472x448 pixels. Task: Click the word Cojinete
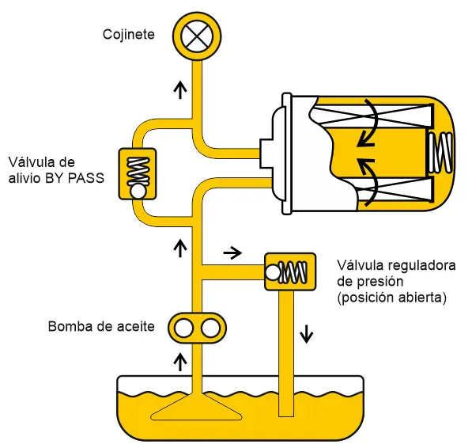click(x=129, y=34)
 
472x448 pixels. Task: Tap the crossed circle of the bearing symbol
click(x=197, y=36)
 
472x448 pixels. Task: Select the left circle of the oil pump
click(x=183, y=328)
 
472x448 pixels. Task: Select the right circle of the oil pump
click(x=210, y=328)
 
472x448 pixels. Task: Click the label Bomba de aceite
click(x=101, y=326)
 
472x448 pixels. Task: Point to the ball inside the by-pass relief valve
click(x=138, y=191)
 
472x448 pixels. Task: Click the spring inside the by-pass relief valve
click(x=138, y=171)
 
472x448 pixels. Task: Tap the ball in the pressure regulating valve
click(x=273, y=272)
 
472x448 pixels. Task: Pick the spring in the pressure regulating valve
click(x=293, y=272)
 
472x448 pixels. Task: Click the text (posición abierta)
click(x=391, y=298)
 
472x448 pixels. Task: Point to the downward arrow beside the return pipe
click(x=307, y=334)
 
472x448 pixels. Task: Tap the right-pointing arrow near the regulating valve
click(x=232, y=252)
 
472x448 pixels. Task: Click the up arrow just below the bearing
click(x=180, y=89)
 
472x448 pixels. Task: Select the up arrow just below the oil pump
click(x=180, y=363)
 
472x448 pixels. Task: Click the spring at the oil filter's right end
click(x=440, y=153)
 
